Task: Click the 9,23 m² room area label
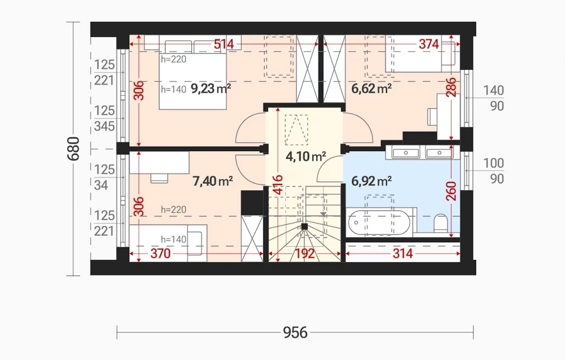(211, 88)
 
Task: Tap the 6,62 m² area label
(371, 88)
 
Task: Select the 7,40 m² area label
(213, 181)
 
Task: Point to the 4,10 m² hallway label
(306, 156)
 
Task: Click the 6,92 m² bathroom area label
(371, 181)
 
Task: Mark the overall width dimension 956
(295, 332)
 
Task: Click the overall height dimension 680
(73, 148)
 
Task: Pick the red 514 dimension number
(224, 44)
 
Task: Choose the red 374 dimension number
(429, 44)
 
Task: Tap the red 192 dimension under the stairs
(305, 254)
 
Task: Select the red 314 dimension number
(402, 254)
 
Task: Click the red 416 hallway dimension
(278, 185)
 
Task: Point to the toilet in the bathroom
(441, 223)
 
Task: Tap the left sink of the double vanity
(406, 153)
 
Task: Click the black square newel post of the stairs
(304, 227)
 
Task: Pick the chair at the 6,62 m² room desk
(432, 116)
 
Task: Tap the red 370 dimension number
(161, 254)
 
